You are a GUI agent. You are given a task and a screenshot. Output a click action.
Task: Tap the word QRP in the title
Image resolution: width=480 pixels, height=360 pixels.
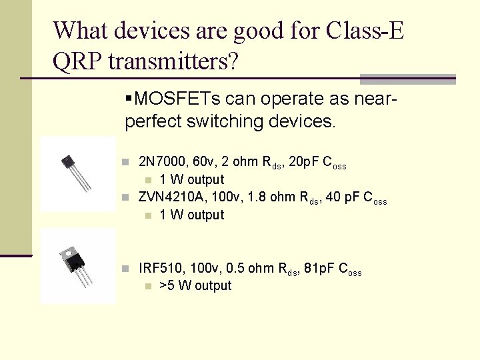(77, 61)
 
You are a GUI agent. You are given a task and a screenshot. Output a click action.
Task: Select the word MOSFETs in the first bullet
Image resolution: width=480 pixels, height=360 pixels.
(177, 99)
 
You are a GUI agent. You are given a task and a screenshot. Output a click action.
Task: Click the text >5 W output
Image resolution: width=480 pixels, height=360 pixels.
(195, 286)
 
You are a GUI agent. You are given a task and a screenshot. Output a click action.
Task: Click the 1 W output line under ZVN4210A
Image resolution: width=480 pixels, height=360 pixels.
(192, 215)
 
